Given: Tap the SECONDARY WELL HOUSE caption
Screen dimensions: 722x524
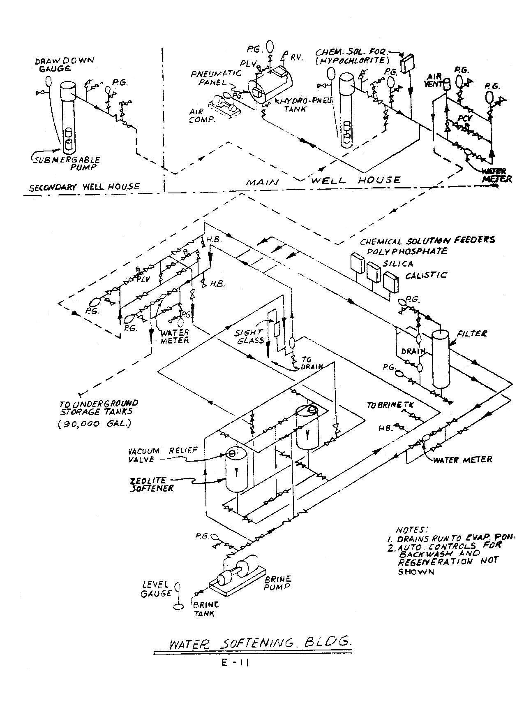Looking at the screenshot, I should point(84,187).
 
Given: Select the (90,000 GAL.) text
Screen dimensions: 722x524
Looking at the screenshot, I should point(94,423).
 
